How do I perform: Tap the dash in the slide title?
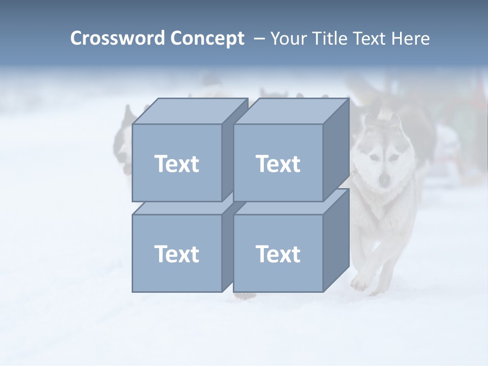259,39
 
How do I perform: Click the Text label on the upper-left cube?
176,164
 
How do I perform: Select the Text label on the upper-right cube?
278,164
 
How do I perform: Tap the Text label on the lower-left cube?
176,254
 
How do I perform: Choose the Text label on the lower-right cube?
278,254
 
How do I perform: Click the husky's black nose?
385,179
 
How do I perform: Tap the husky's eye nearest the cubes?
374,158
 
